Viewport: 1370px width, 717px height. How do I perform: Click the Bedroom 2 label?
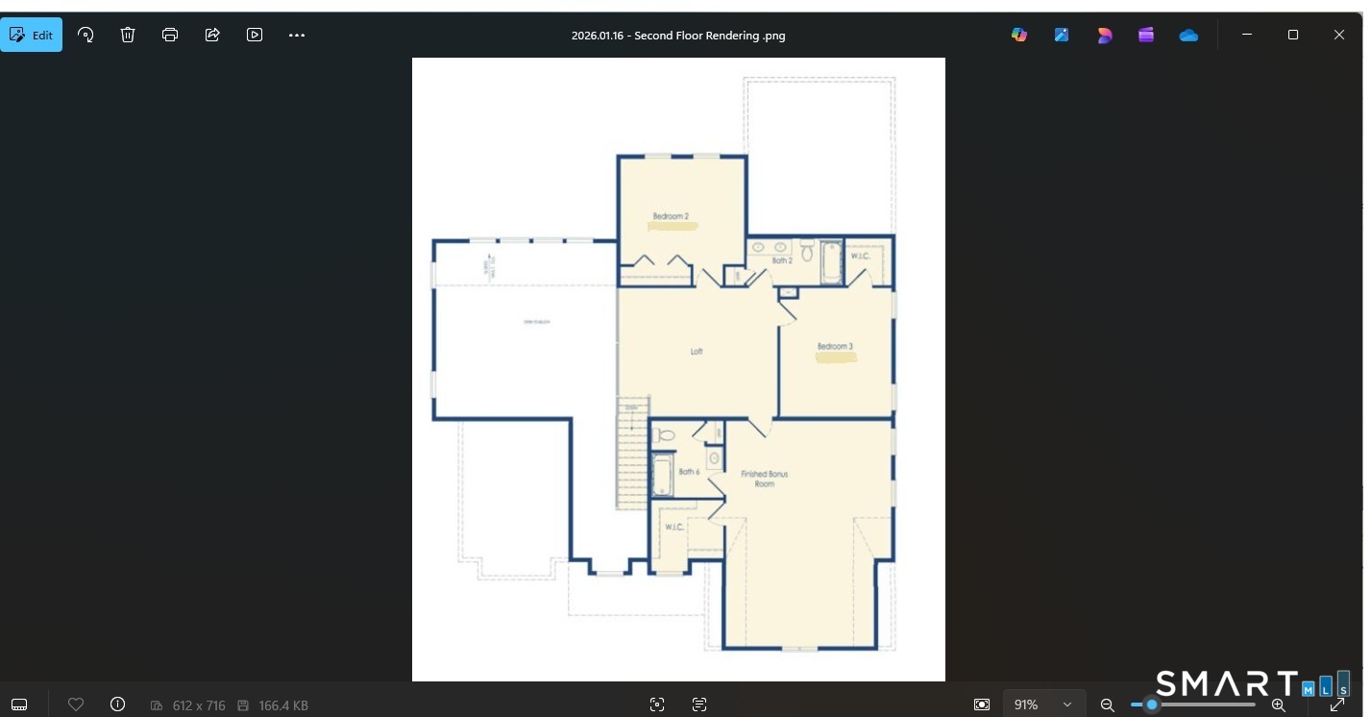tap(671, 216)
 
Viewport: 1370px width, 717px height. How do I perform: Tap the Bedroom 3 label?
tap(835, 346)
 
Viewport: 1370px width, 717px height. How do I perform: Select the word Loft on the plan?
tap(697, 352)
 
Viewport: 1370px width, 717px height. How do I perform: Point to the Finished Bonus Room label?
tap(764, 479)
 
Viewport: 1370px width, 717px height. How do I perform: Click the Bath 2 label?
tap(782, 260)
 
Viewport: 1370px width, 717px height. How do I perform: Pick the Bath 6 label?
tap(689, 472)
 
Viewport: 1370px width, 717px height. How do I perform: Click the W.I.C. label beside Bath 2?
tap(860, 257)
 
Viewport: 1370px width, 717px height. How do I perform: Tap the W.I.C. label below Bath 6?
tap(674, 527)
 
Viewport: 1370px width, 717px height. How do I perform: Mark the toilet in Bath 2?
tap(807, 252)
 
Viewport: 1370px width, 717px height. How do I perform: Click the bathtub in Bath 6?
tap(662, 475)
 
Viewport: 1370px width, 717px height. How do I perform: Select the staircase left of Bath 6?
tap(632, 452)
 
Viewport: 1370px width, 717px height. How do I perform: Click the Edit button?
tap(32, 35)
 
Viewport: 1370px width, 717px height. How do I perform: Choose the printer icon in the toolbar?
tap(170, 35)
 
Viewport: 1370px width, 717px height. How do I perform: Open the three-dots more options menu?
tap(297, 35)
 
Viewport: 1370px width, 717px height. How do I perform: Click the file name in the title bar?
tap(678, 36)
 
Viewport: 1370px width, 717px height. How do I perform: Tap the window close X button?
tap(1338, 35)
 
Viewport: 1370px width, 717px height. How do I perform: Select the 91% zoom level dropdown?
tap(1042, 705)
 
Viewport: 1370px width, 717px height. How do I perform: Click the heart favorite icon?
tap(76, 705)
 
